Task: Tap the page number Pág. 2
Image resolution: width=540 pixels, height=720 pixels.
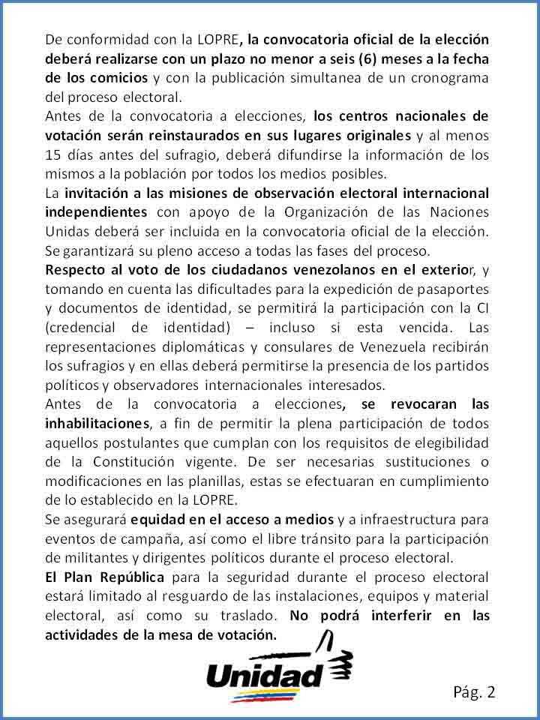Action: point(474,691)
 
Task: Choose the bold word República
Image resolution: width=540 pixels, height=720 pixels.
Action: point(132,577)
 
